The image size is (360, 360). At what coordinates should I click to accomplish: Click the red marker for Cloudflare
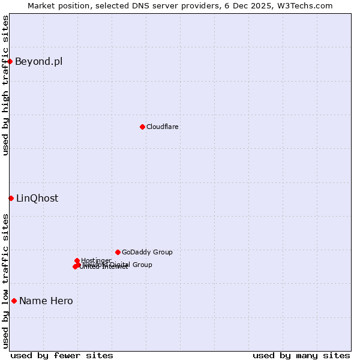(142, 127)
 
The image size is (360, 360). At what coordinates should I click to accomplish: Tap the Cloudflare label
(163, 127)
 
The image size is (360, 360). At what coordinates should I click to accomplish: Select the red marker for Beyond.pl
(10, 61)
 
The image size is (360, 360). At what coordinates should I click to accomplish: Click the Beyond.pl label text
(38, 61)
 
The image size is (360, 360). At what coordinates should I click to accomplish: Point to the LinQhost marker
(11, 198)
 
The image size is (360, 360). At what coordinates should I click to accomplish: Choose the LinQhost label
(37, 198)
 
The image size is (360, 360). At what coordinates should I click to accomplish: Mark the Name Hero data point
(14, 301)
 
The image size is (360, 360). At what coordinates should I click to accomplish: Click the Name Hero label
(46, 301)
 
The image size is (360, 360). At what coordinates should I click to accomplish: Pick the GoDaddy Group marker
(118, 252)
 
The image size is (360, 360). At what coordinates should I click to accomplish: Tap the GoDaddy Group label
(147, 252)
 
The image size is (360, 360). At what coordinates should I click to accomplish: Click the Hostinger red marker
(77, 260)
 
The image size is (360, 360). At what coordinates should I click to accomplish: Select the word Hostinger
(97, 260)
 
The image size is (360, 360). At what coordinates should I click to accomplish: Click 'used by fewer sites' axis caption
(62, 355)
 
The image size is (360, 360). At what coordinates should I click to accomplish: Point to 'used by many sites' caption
(301, 355)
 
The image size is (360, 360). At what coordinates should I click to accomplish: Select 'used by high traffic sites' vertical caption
(5, 85)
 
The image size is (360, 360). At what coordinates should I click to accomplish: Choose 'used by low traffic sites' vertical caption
(5, 281)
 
